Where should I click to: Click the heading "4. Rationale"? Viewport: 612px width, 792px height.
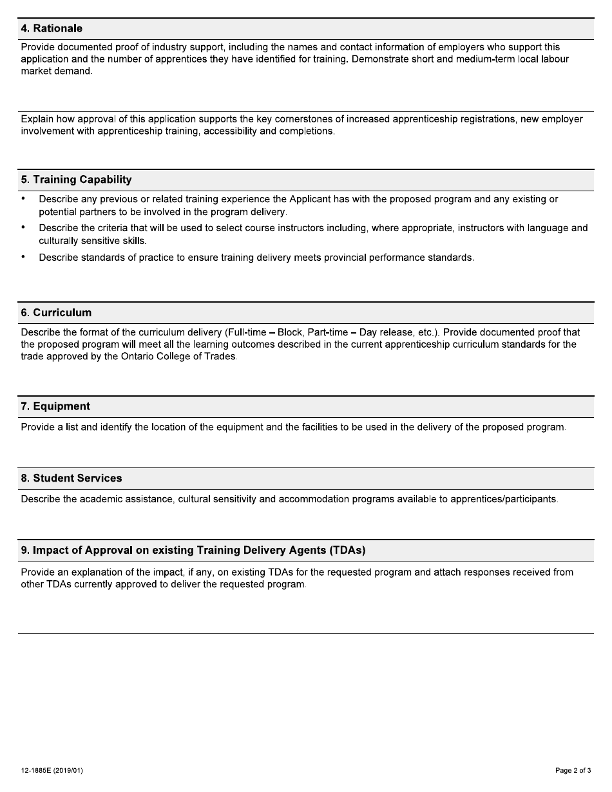point(52,29)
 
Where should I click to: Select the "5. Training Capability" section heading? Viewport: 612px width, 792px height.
point(76,180)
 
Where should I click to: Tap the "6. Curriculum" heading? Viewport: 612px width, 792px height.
point(56,313)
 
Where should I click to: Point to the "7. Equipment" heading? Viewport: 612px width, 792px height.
point(55,406)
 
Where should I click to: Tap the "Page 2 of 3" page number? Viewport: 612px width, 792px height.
point(573,771)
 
